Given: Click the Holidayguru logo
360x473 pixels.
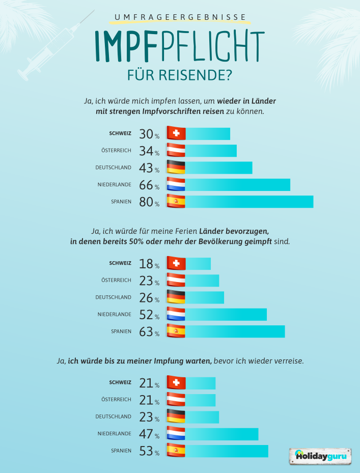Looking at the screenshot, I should pos(321,456).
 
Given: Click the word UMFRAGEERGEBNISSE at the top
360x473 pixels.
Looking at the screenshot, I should pos(180,17).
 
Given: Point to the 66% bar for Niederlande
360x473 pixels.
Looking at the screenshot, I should pos(237,185).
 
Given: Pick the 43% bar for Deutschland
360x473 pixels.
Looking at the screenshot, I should pos(218,168).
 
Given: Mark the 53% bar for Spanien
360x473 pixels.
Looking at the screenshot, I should pos(226,451).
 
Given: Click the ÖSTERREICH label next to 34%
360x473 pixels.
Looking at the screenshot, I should pos(117,151).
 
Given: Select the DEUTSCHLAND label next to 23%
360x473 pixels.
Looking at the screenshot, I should pos(113,416).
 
